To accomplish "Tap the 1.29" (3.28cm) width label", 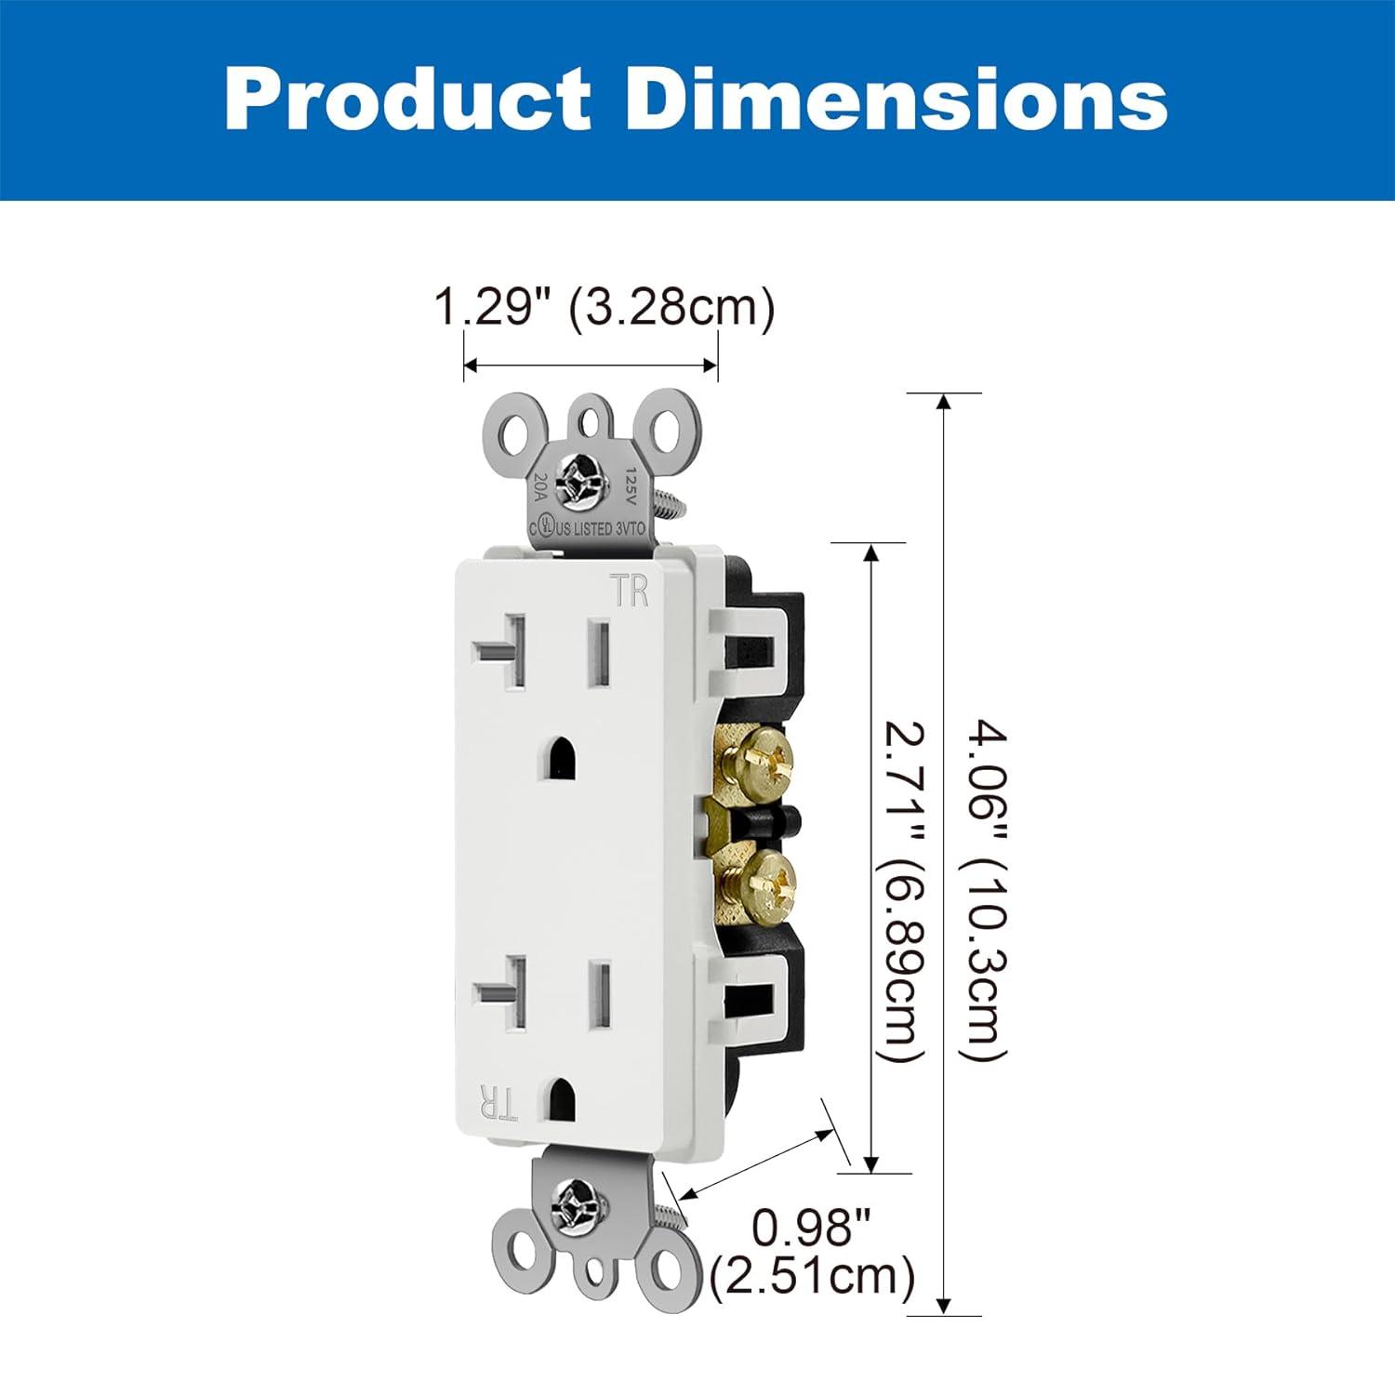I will [x=604, y=307].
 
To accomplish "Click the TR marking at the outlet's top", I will [x=630, y=591].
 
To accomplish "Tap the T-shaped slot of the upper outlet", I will [x=502, y=650].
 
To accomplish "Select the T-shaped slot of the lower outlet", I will [x=502, y=993].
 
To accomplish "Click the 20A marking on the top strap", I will [x=540, y=488].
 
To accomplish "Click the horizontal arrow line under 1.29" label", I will [x=591, y=365].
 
